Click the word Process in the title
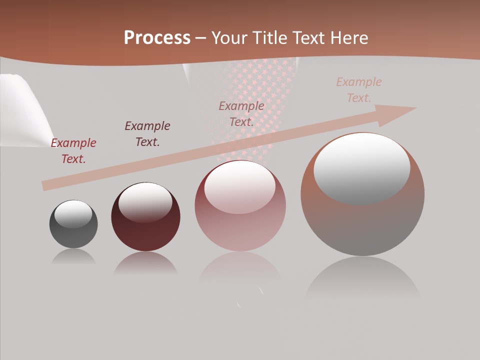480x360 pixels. [x=157, y=38]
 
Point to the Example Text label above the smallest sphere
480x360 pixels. [x=73, y=151]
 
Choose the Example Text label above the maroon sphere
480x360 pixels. [x=147, y=134]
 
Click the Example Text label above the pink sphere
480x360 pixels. [x=241, y=114]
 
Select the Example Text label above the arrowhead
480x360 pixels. [x=359, y=90]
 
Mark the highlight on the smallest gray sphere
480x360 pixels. [x=73, y=214]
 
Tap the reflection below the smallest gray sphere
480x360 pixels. [x=73, y=257]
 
